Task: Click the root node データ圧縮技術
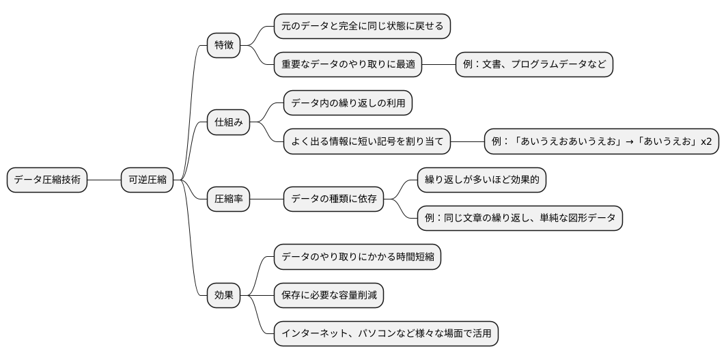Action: pos(47,180)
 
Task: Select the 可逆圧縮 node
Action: pos(147,180)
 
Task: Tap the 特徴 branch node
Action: pos(224,46)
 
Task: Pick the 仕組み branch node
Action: pos(229,123)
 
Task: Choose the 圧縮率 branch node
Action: pos(229,199)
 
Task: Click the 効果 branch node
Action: pos(224,296)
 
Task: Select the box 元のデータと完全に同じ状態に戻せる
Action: pos(362,27)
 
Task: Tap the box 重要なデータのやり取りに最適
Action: pos(348,65)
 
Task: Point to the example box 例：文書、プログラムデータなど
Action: pos(534,65)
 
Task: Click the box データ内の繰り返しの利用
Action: pos(348,104)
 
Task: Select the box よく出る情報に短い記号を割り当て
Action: pos(367,142)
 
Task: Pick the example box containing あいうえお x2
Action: pos(601,142)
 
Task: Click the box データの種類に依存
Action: pos(333,199)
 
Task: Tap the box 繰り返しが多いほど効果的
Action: pos(482,180)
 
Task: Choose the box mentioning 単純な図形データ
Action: pos(520,219)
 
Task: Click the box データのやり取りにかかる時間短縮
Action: pos(357,258)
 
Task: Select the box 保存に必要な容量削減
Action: pos(329,296)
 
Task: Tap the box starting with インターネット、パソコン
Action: pos(386,335)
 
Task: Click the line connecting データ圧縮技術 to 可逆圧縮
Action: pos(104,180)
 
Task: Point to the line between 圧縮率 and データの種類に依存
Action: pos(266,199)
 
